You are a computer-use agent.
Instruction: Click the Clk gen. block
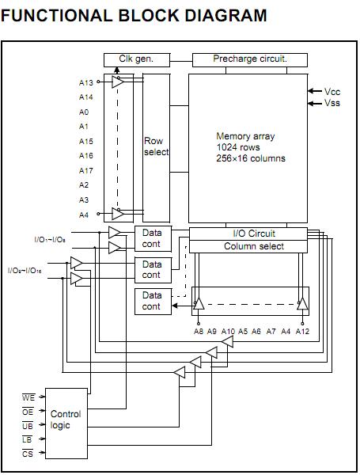pyautogui.click(x=135, y=59)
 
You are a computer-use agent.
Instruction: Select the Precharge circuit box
pyautogui.click(x=249, y=59)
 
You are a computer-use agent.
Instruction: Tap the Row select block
pyautogui.click(x=156, y=147)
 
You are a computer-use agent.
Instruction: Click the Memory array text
pyautogui.click(x=245, y=136)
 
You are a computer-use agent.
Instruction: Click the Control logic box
pyautogui.click(x=66, y=420)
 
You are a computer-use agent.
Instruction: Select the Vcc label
pyautogui.click(x=333, y=91)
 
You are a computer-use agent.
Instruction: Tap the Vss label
pyautogui.click(x=333, y=103)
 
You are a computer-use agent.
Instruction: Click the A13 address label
pyautogui.click(x=86, y=83)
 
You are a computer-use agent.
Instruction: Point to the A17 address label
pyautogui.click(x=86, y=170)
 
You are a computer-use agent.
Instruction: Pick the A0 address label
pyautogui.click(x=84, y=112)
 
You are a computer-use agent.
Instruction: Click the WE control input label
pyautogui.click(x=28, y=397)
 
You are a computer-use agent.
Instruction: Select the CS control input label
pyautogui.click(x=28, y=454)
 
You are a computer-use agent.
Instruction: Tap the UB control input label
pyautogui.click(x=28, y=426)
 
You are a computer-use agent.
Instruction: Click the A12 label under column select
pyautogui.click(x=302, y=331)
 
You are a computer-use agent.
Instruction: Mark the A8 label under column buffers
pyautogui.click(x=199, y=331)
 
